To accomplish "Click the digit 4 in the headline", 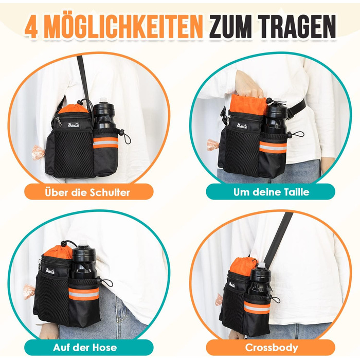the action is click(31, 27).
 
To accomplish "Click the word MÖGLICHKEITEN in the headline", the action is click(123, 26).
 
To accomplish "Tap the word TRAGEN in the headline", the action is click(298, 26).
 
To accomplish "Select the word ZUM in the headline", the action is click(231, 26).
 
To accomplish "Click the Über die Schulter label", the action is click(87, 192).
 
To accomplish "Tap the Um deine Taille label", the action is click(271, 192).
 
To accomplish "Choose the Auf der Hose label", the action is click(85, 347).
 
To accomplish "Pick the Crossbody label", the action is click(272, 347).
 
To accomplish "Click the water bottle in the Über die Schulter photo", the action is click(104, 113).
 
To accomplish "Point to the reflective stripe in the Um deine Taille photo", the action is click(273, 147).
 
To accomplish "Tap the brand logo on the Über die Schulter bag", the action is click(74, 125).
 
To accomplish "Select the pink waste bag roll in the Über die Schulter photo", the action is click(38, 152).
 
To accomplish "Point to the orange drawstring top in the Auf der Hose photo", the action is click(59, 251).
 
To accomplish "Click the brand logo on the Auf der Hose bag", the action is click(50, 271).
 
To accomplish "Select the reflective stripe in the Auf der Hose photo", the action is click(84, 294).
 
